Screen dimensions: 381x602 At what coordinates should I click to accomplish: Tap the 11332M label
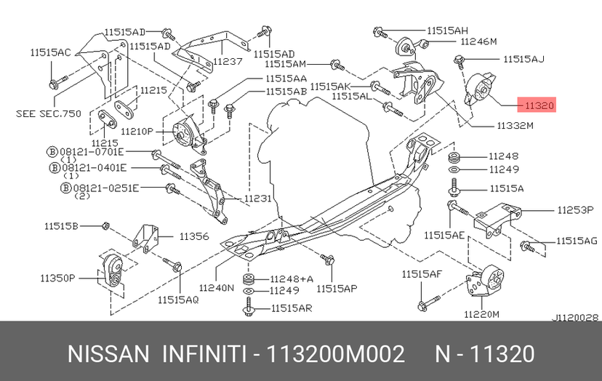point(515,125)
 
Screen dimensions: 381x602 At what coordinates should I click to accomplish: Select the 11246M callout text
point(477,41)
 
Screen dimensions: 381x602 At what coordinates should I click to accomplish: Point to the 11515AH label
point(448,31)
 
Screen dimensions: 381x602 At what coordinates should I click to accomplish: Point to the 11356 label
point(194,236)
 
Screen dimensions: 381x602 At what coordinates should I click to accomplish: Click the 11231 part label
point(257,198)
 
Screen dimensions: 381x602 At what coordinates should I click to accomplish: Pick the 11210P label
point(137,131)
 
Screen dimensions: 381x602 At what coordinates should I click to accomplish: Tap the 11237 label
point(228,62)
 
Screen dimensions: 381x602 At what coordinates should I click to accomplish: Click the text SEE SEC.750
point(49,113)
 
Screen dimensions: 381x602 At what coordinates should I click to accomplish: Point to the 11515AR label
point(292,308)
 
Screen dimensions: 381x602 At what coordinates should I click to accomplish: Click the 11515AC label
point(51,53)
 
